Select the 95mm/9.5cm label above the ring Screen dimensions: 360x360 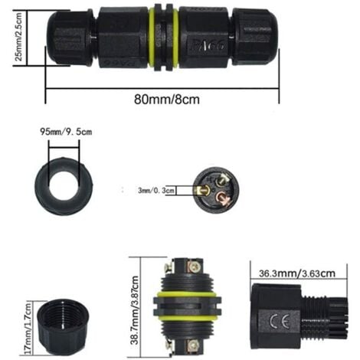tap(67, 131)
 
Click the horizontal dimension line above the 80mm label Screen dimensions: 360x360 tap(162, 83)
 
